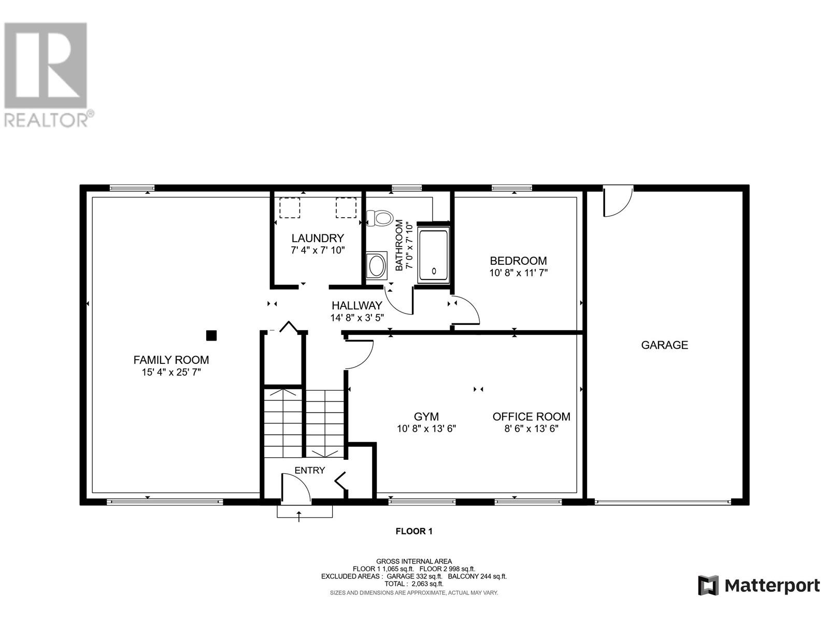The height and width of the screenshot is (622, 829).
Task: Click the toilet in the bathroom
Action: coord(380,218)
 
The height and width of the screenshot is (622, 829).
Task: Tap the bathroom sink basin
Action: coord(376,266)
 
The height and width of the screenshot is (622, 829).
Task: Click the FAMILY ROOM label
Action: coord(171,360)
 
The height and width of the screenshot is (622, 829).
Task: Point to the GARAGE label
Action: coord(664,345)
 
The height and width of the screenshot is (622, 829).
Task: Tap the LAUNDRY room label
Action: coord(318,238)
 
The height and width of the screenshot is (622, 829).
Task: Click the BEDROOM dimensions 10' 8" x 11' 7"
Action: coord(519,273)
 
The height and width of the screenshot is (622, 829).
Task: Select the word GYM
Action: coord(426,417)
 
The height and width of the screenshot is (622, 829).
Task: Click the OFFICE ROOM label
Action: coord(532,417)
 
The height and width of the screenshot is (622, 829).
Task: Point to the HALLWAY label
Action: coord(357,305)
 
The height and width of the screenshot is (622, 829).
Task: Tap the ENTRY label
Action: coord(310,470)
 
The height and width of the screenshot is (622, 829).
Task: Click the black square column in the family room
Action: coord(211,335)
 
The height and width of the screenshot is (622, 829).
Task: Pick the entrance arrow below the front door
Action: coord(299,516)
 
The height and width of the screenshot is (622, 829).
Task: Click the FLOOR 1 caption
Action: coord(414,531)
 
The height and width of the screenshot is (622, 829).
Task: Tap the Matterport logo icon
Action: coord(708,586)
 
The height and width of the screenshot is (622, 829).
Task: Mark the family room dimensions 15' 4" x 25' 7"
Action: coord(171,372)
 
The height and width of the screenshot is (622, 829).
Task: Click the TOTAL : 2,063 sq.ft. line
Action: coord(414,584)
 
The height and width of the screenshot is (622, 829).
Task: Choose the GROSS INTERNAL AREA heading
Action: coord(414,561)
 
